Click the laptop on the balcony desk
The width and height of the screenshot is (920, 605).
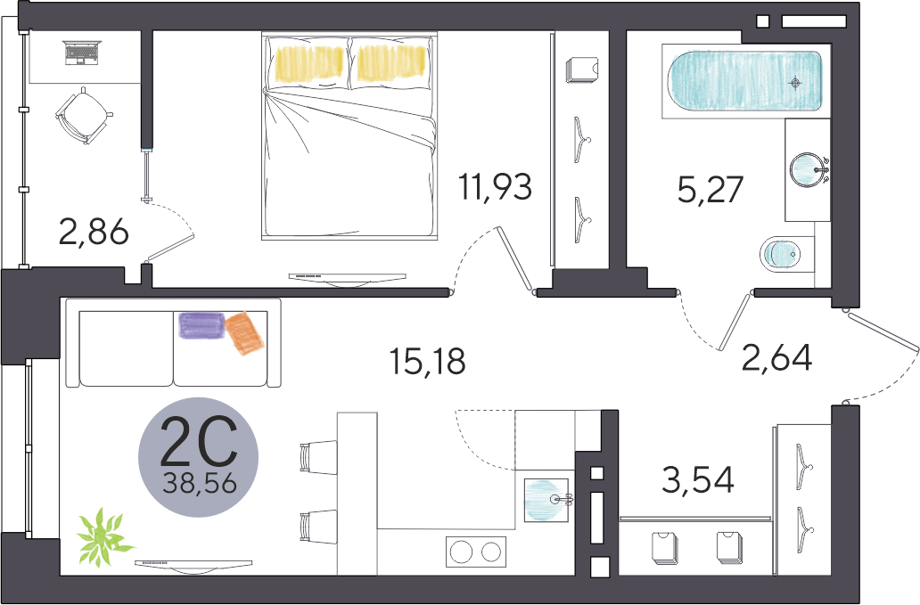click(x=83, y=53)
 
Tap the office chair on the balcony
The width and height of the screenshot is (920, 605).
click(x=83, y=115)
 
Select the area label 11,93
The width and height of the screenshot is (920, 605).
click(x=496, y=186)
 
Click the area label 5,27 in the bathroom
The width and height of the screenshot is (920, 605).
click(x=711, y=190)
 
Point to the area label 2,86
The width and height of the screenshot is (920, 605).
click(x=94, y=233)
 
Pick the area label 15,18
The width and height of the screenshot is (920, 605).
click(x=428, y=361)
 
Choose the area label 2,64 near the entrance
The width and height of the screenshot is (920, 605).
click(x=776, y=357)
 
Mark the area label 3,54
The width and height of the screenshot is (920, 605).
click(x=698, y=480)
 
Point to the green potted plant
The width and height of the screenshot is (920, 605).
click(x=104, y=536)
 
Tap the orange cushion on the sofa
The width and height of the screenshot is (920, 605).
click(x=245, y=333)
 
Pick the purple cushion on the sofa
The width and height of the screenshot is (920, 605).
click(x=201, y=326)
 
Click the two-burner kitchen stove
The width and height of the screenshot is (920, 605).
click(x=476, y=552)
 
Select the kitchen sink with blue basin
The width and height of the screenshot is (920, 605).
click(x=546, y=500)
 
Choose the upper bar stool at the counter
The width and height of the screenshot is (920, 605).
click(x=317, y=457)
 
